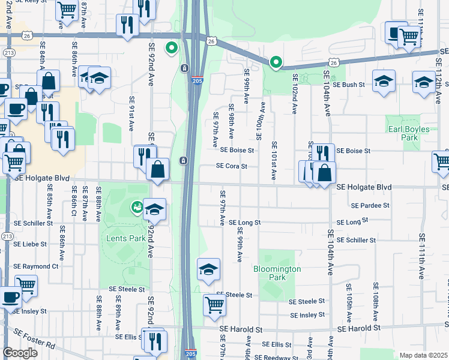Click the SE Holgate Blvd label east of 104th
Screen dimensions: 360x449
coord(364,187)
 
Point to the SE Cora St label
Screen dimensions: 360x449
coord(232,166)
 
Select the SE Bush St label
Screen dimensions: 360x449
coord(349,85)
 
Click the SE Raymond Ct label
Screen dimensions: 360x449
coord(36,266)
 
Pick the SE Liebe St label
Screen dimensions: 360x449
coord(30,244)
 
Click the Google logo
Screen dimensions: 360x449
coord(20,353)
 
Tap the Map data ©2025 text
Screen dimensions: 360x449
coord(423,355)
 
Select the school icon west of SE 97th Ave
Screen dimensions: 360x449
coord(208,269)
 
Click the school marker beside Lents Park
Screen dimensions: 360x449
coord(155,209)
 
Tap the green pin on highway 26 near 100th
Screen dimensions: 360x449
coord(276,61)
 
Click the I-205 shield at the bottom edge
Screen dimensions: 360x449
coord(190,354)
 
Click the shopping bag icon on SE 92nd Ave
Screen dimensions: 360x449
coord(157,169)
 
